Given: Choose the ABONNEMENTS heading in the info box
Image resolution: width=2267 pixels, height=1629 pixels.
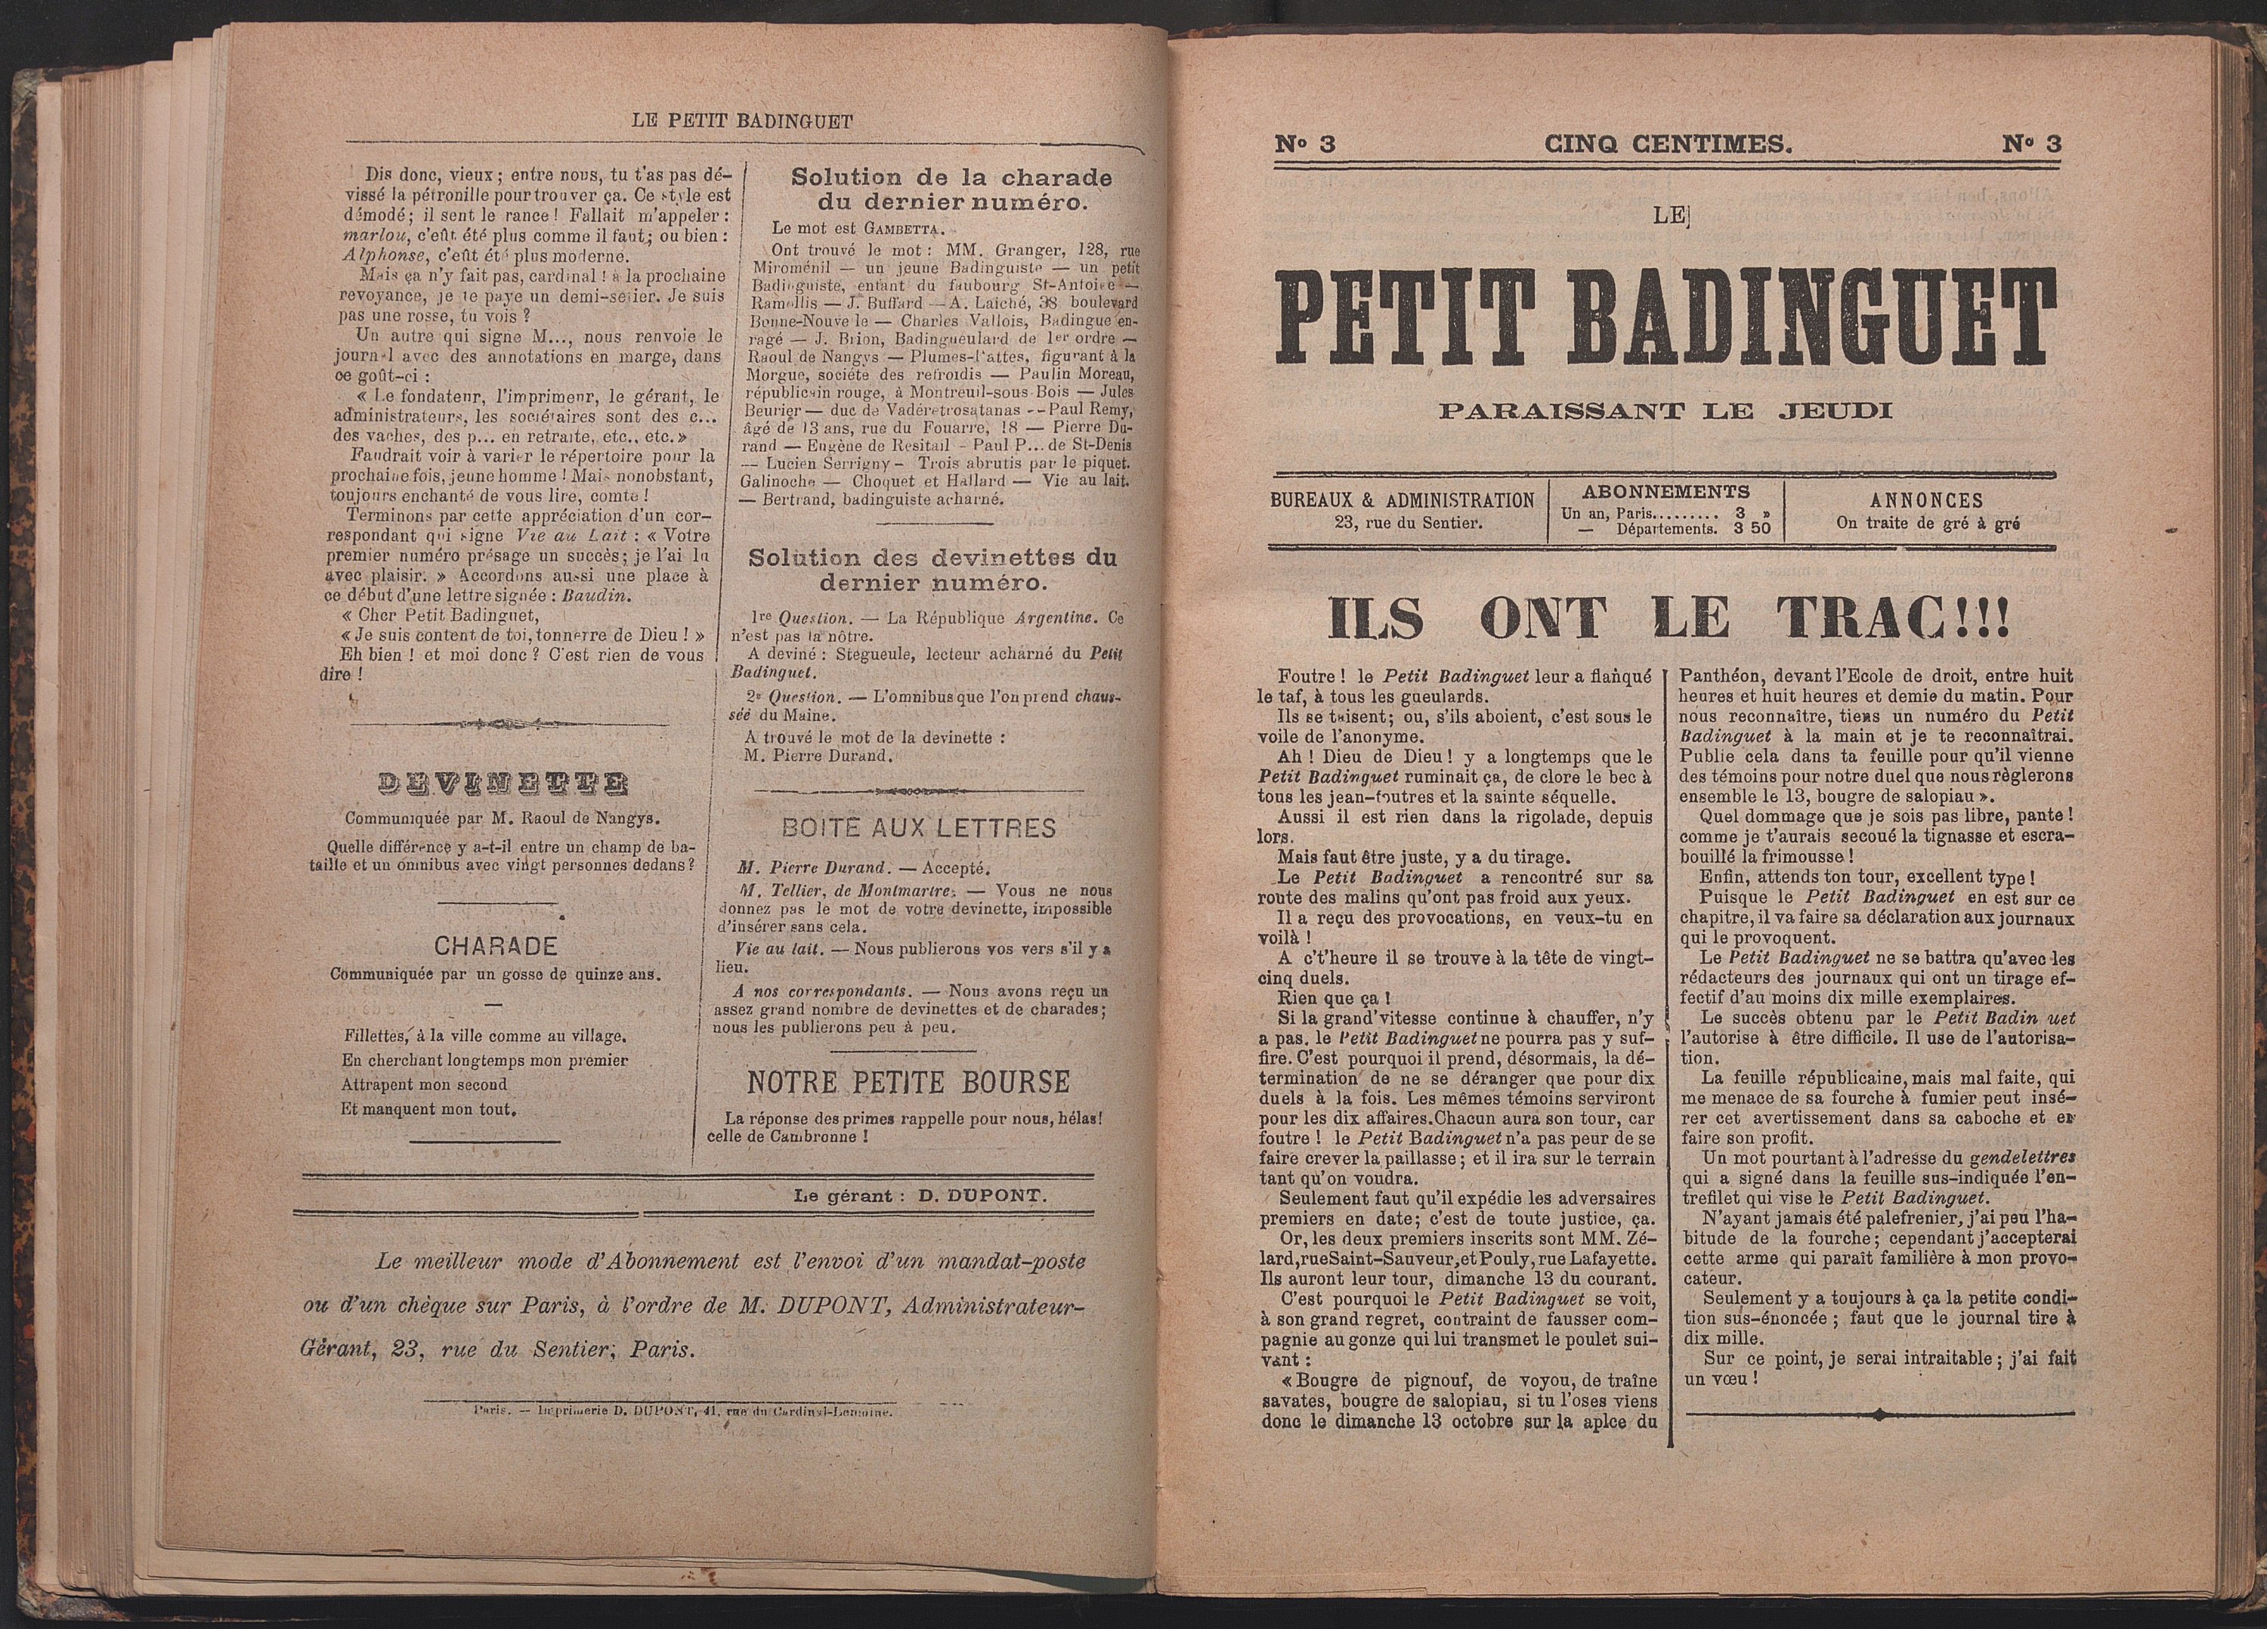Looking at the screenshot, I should tap(1665, 492).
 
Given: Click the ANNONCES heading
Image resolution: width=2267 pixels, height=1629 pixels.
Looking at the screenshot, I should tap(1926, 501).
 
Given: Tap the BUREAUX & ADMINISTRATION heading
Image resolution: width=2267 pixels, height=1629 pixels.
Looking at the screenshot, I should tap(1403, 501).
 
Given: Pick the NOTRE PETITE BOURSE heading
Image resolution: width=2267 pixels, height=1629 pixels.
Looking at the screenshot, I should tap(908, 1081).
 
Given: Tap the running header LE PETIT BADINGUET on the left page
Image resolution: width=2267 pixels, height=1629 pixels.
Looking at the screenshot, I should tap(743, 122).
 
